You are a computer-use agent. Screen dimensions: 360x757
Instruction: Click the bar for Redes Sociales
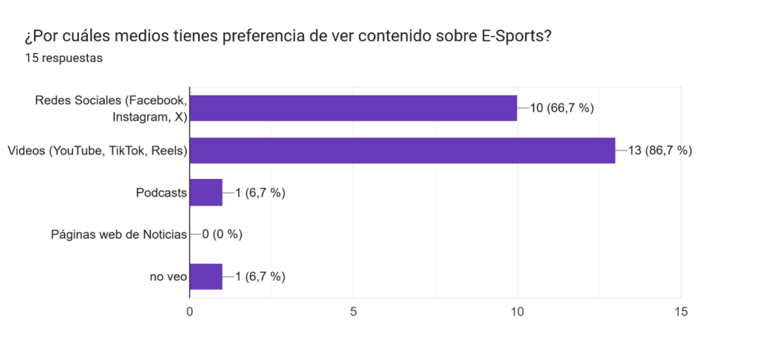coord(353,108)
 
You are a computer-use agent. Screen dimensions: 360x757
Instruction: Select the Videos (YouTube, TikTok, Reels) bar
coord(402,151)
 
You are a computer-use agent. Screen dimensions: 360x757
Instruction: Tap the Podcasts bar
coord(206,193)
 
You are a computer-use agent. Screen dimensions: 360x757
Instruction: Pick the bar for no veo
coord(206,276)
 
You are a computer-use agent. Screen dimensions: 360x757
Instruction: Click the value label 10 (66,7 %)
coord(562,108)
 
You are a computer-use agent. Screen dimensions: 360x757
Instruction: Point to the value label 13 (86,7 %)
coord(659,151)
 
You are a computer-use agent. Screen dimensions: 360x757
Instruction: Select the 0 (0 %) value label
coord(223,235)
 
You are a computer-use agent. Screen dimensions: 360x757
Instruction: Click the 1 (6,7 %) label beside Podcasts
coord(260,193)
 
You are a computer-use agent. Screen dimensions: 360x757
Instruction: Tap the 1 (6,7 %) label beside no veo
coord(260,276)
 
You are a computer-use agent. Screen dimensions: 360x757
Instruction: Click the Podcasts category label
coord(161,193)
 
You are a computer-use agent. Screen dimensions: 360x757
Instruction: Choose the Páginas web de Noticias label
coord(119,235)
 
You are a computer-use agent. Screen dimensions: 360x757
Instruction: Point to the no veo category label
coord(168,276)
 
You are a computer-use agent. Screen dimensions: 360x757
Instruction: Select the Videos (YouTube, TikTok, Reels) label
coord(97,151)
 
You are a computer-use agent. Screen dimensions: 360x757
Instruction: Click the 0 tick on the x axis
coord(190,312)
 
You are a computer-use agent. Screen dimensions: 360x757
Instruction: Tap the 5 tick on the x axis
coord(353,312)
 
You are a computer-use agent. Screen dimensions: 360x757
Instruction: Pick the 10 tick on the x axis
coord(517,312)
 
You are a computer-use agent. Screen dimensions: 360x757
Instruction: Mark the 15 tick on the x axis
coord(681,312)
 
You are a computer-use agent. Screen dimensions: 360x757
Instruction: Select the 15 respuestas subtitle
coord(64,58)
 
